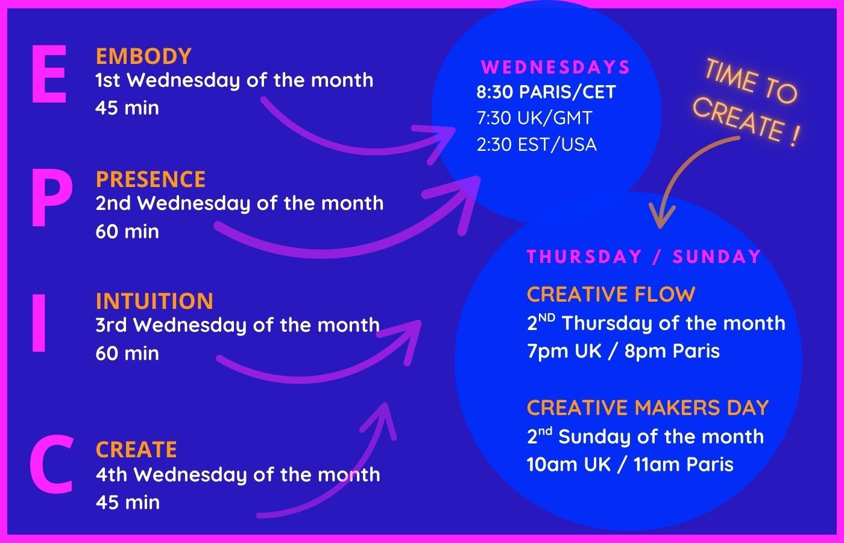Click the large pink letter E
coord(49,74)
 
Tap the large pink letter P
coord(52,197)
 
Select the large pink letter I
coord(39,323)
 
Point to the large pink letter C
coord(52,463)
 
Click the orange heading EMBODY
coord(143,56)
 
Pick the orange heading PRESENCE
coord(151,179)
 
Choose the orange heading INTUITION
coord(154,301)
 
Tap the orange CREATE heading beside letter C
coord(136,449)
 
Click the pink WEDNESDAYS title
coord(555,67)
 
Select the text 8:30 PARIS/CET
coord(546,92)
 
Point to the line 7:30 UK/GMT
coord(534,118)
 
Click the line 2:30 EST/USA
coord(537,144)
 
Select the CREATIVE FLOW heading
coord(611,294)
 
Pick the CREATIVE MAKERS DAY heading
coord(647,408)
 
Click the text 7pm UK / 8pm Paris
coord(623,351)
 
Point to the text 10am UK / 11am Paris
coord(630,464)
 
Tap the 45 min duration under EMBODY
coord(127,108)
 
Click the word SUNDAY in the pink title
coord(717,257)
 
